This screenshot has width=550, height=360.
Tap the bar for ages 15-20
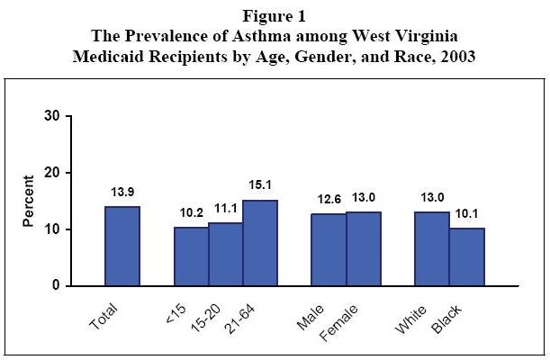click(226, 254)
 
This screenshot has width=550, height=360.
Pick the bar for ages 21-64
click(260, 243)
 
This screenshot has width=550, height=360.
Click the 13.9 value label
click(122, 193)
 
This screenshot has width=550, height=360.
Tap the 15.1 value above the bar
click(260, 185)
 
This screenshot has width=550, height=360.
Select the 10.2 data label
click(191, 213)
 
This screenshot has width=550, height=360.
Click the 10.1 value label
click(465, 213)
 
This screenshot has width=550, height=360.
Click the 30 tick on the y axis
click(52, 116)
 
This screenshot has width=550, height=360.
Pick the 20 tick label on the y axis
click(52, 173)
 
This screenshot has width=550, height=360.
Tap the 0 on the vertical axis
click(56, 285)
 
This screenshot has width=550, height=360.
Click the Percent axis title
click(30, 201)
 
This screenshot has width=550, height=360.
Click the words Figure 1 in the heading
click(274, 14)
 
